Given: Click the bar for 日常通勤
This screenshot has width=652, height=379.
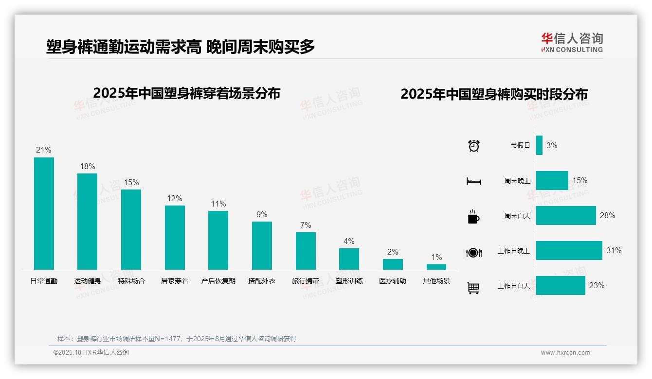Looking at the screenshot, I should click(44, 213).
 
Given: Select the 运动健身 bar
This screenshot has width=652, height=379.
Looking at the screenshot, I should click(87, 222).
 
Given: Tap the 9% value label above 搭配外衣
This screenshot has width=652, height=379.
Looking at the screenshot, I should click(262, 215).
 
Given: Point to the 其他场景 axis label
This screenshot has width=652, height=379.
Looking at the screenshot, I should click(436, 281).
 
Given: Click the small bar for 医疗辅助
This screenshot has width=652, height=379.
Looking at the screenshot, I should click(393, 264).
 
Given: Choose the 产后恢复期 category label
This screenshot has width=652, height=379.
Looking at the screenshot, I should click(218, 281).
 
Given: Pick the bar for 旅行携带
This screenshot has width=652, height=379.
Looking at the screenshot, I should click(306, 251).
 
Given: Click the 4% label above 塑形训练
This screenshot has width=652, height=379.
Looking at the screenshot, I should click(349, 241).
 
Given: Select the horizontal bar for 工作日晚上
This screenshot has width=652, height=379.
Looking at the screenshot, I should click(569, 251).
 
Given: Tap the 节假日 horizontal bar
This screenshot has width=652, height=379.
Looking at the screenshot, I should click(539, 145).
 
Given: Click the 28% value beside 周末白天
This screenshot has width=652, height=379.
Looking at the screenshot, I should click(607, 215).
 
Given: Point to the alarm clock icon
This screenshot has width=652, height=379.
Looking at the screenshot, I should click(473, 146).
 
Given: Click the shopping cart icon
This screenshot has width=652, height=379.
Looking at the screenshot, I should click(473, 288).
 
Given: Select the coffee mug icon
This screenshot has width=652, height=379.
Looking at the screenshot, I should click(473, 217).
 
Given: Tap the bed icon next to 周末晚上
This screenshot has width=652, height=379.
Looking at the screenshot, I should click(473, 181).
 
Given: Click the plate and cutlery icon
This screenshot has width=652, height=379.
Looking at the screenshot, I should click(473, 252).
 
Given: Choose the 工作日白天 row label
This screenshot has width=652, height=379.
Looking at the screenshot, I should click(513, 286).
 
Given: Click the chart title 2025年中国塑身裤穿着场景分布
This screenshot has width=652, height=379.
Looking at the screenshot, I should click(186, 93).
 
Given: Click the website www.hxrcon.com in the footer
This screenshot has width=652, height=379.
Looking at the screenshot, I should click(565, 353).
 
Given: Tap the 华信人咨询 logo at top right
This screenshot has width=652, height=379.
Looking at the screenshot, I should click(572, 42).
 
